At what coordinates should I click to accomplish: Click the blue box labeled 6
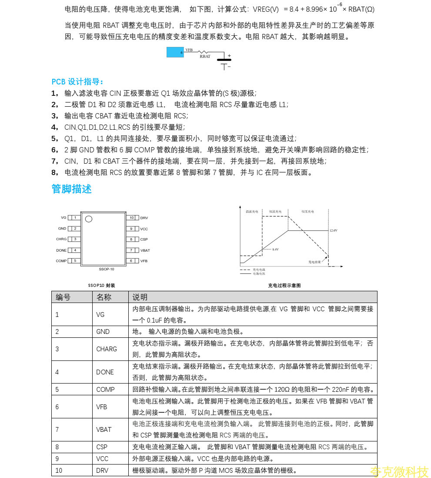click(175, 52)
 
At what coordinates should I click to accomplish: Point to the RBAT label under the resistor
click(205, 57)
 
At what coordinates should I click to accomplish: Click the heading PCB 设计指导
click(77, 81)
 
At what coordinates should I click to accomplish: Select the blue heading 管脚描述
click(71, 189)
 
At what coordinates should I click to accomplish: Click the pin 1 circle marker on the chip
click(89, 219)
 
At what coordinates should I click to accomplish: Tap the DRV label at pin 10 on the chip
click(144, 218)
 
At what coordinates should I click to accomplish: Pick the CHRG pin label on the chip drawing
click(61, 239)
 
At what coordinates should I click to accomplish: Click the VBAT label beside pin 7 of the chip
click(145, 250)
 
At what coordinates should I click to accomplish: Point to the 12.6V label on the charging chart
click(334, 230)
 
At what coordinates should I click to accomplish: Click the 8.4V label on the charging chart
click(275, 249)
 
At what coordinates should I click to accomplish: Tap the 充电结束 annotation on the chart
click(314, 262)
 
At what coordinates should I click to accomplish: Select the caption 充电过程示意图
click(284, 286)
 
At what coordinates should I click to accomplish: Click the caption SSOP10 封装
click(101, 286)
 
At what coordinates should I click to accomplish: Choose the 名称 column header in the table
click(104, 297)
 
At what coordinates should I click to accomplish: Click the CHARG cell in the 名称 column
click(107, 349)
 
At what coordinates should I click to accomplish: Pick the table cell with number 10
click(59, 470)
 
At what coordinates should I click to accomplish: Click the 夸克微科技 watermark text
click(399, 471)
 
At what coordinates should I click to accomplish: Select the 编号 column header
click(63, 297)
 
